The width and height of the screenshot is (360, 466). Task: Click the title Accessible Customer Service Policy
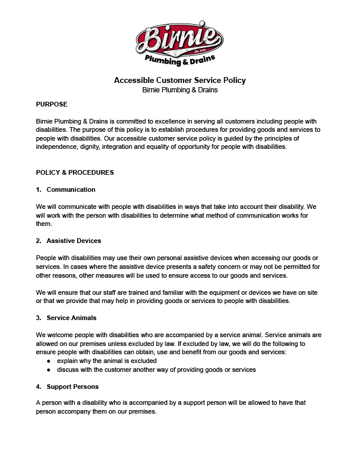pos(179,80)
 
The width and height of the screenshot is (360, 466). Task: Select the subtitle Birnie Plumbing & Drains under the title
pos(179,90)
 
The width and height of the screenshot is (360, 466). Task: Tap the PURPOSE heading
pos(52,104)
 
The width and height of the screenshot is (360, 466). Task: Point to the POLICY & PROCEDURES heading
pos(75,172)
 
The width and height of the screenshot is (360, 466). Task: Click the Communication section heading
pos(71,189)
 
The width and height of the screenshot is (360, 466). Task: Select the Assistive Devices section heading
pos(74,241)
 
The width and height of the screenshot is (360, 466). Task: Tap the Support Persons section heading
pos(72,387)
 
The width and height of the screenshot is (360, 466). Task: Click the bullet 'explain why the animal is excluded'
pos(106,360)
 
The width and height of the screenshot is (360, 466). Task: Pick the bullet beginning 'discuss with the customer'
pos(156,370)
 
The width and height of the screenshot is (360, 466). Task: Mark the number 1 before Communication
pos(38,189)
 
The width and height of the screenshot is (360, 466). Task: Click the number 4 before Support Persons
pos(38,387)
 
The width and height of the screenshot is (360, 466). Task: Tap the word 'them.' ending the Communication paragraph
pos(44,224)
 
